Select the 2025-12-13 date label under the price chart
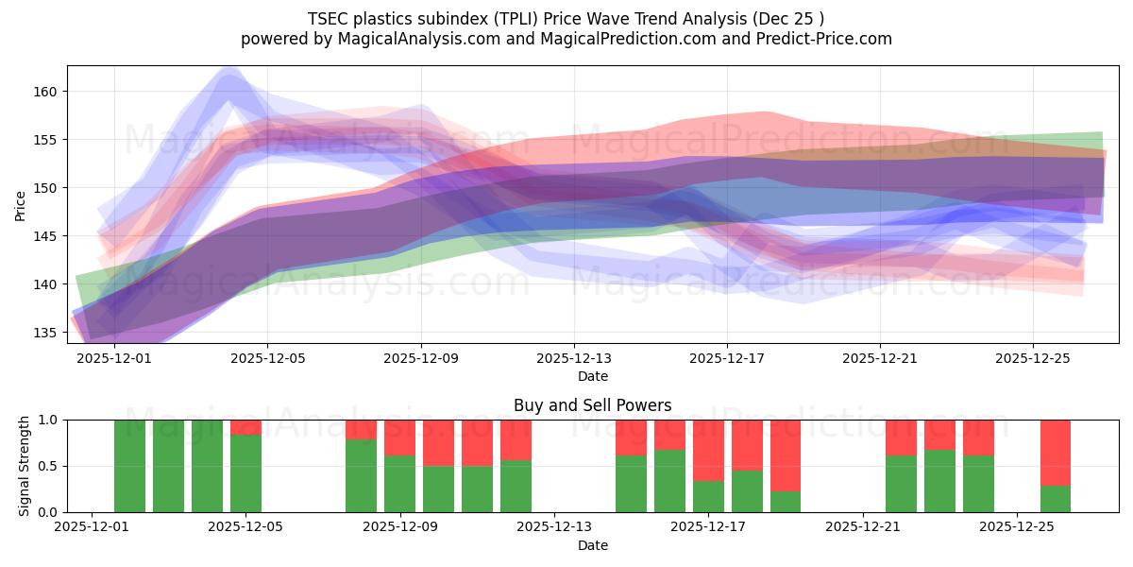click(x=574, y=359)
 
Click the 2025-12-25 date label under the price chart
click(x=1033, y=359)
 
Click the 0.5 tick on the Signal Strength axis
click(x=48, y=467)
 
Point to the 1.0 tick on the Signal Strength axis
click(x=48, y=421)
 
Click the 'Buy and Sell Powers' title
click(x=592, y=405)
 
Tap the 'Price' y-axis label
click(x=22, y=205)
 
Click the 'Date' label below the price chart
click(x=592, y=376)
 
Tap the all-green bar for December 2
click(x=129, y=466)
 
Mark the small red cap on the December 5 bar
click(x=245, y=427)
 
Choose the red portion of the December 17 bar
click(x=708, y=450)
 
